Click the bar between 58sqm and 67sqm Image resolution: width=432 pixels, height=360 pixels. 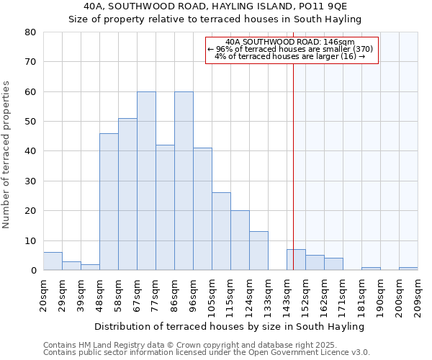127,194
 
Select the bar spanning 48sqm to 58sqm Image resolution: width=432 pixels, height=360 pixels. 109,202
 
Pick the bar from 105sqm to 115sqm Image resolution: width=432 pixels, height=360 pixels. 221,231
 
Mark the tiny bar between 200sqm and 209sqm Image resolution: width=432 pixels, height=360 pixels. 408,269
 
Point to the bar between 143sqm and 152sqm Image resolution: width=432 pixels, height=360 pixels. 296,260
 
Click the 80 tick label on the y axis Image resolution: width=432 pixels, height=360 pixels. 30,32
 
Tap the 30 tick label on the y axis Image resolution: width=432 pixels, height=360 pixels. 30,181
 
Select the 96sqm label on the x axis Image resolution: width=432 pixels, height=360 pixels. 193,292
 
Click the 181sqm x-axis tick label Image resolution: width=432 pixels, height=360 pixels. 361,294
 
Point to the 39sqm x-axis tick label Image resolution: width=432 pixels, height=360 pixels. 81,292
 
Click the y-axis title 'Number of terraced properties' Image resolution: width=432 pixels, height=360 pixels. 7,154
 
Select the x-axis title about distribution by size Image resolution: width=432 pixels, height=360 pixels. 229,327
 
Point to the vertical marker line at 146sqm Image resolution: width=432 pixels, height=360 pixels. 293,166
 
